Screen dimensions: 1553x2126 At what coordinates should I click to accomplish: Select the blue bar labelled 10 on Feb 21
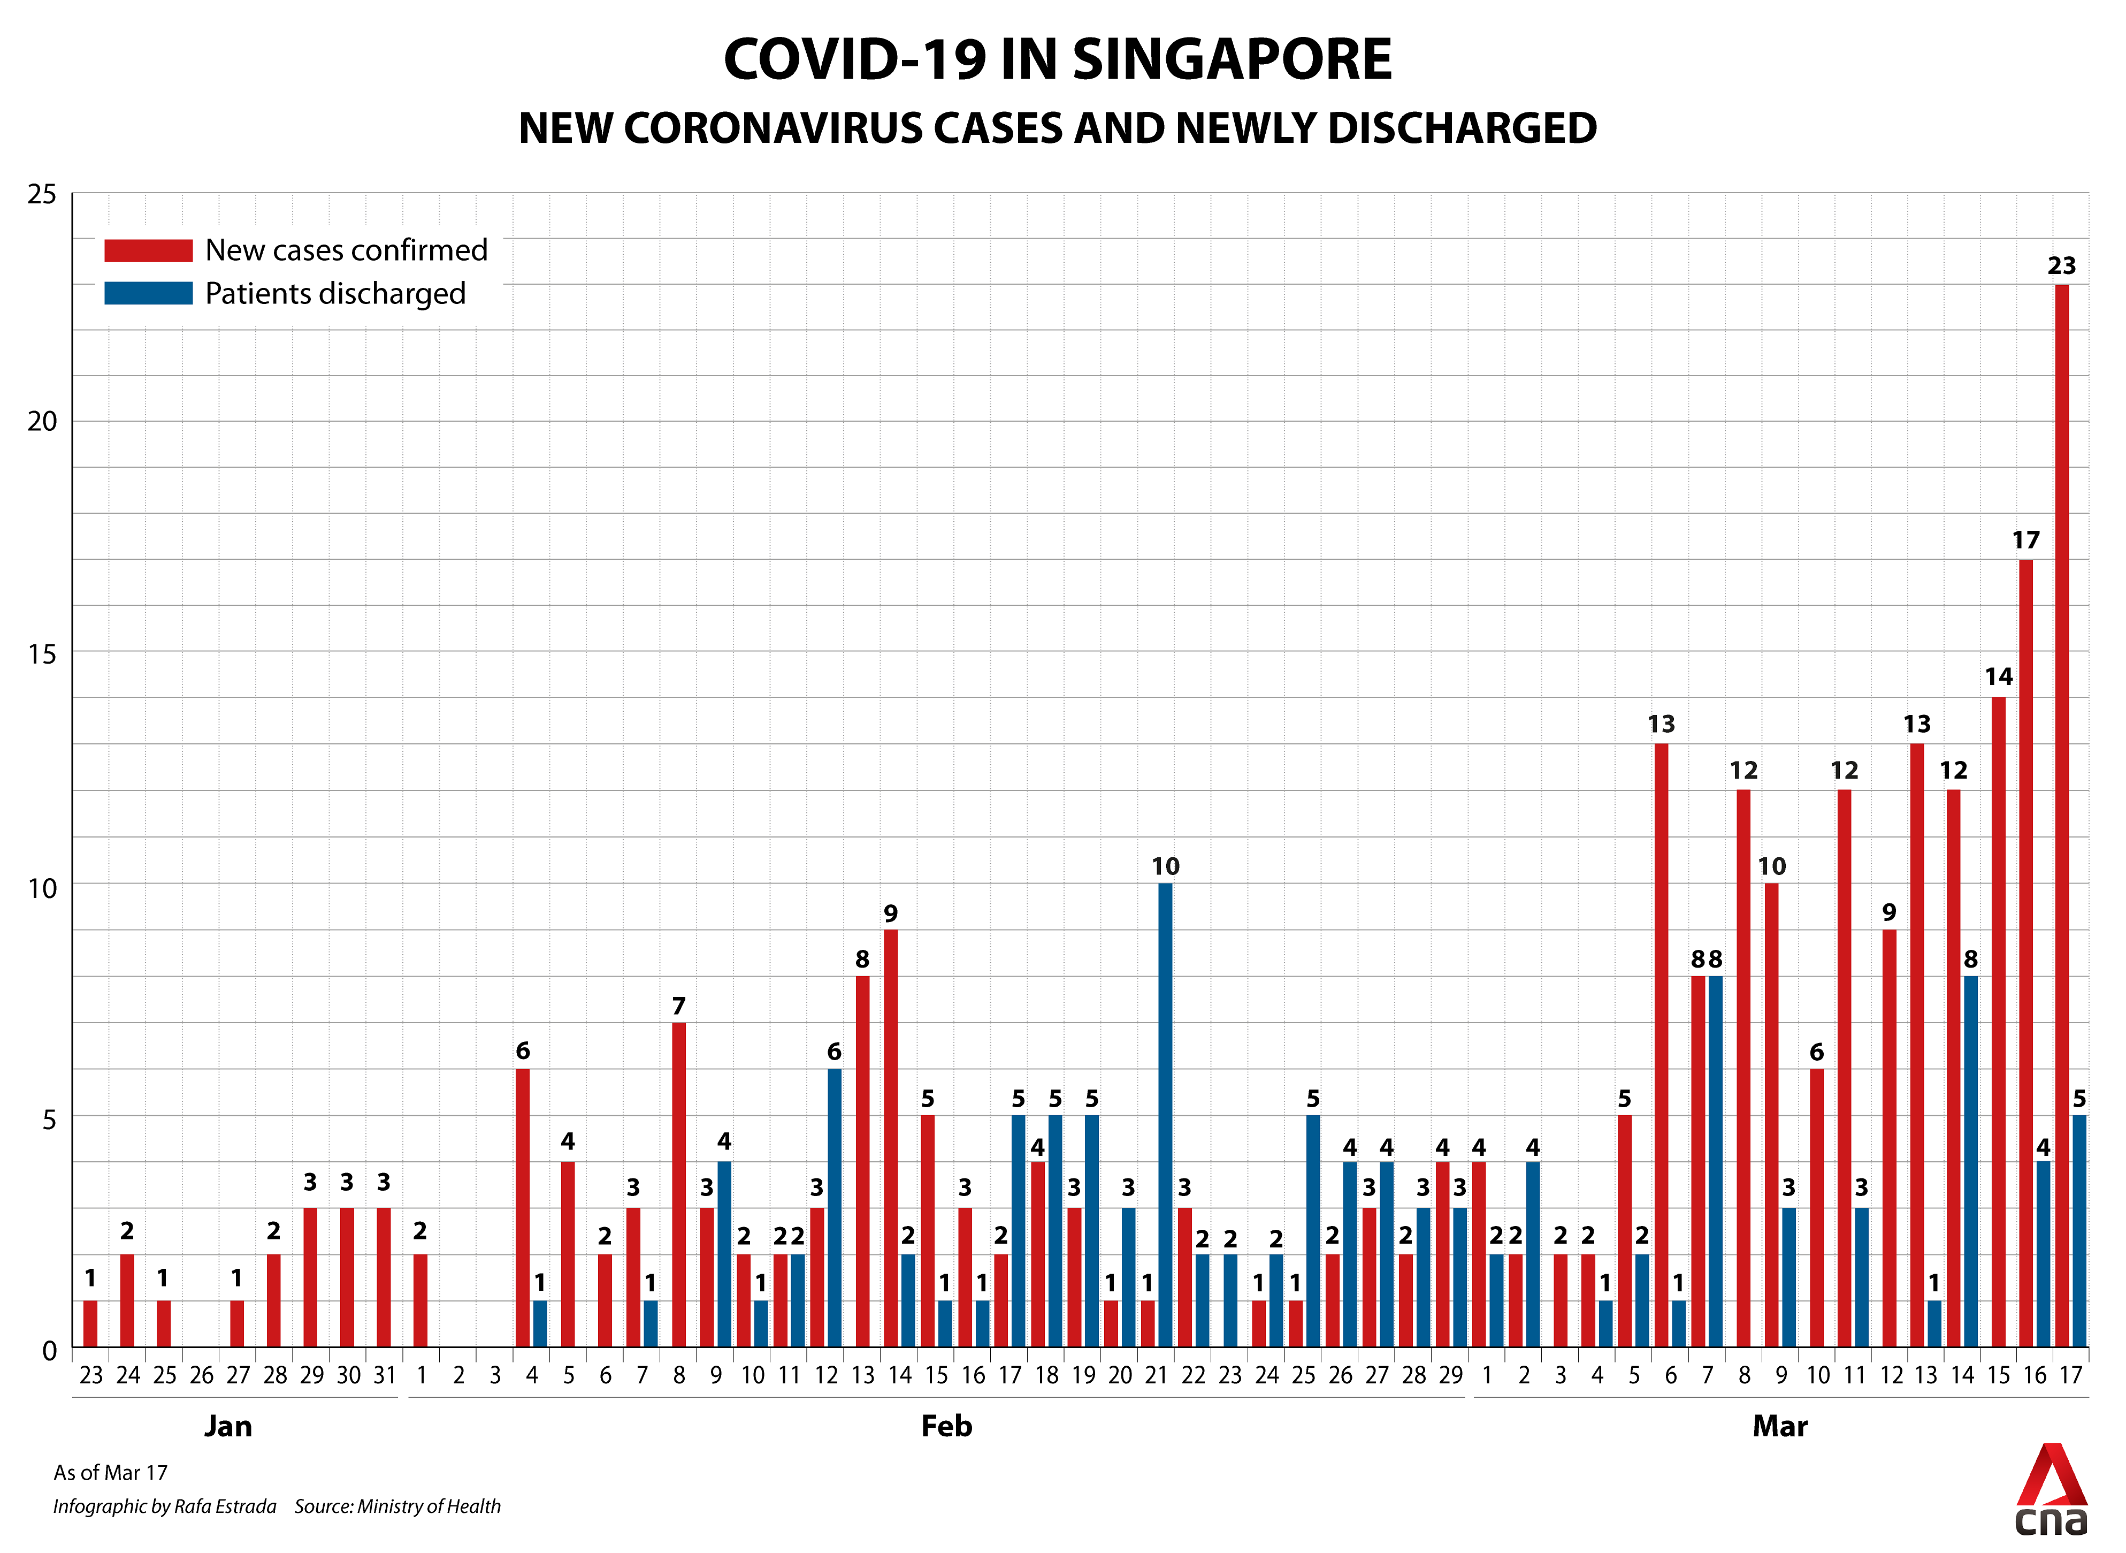[1165, 1116]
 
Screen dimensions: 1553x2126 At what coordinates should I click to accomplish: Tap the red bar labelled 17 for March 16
[2025, 954]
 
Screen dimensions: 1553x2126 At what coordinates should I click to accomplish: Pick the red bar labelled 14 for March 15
[1998, 1023]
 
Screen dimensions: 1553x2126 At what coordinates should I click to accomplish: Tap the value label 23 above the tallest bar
[2062, 266]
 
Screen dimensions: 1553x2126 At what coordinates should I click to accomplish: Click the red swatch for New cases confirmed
[149, 250]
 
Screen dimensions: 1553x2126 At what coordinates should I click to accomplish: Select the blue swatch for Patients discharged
[149, 293]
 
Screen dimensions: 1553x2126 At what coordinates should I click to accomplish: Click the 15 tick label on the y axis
[42, 654]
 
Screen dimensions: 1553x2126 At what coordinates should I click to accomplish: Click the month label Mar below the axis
[1779, 1426]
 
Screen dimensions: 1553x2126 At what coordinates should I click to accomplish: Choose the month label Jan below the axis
[228, 1426]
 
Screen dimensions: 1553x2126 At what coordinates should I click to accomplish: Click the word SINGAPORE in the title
[1232, 60]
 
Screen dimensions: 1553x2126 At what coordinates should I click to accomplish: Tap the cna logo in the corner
[2051, 1494]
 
